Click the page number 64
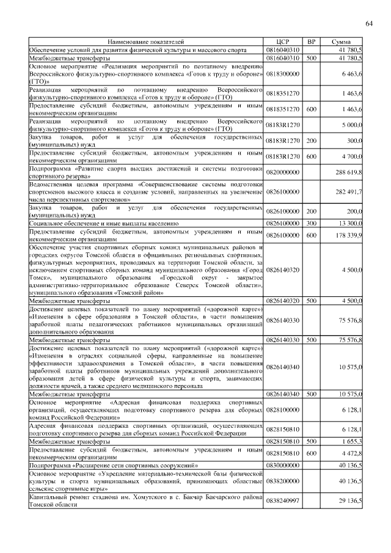click(369, 23)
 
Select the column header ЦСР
click(282, 41)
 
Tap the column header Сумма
click(340, 41)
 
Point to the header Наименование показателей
click(146, 41)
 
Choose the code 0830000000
click(283, 466)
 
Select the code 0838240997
click(283, 500)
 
